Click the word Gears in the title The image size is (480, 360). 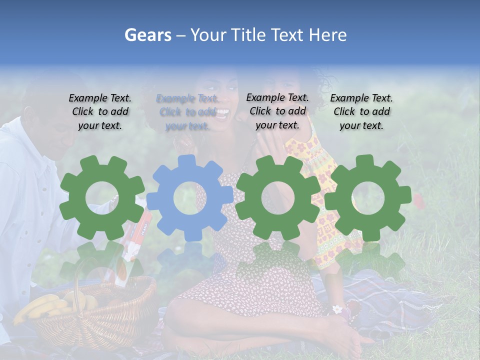pos(147,35)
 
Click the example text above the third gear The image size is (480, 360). pos(277,111)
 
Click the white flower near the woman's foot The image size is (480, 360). pos(338,309)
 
